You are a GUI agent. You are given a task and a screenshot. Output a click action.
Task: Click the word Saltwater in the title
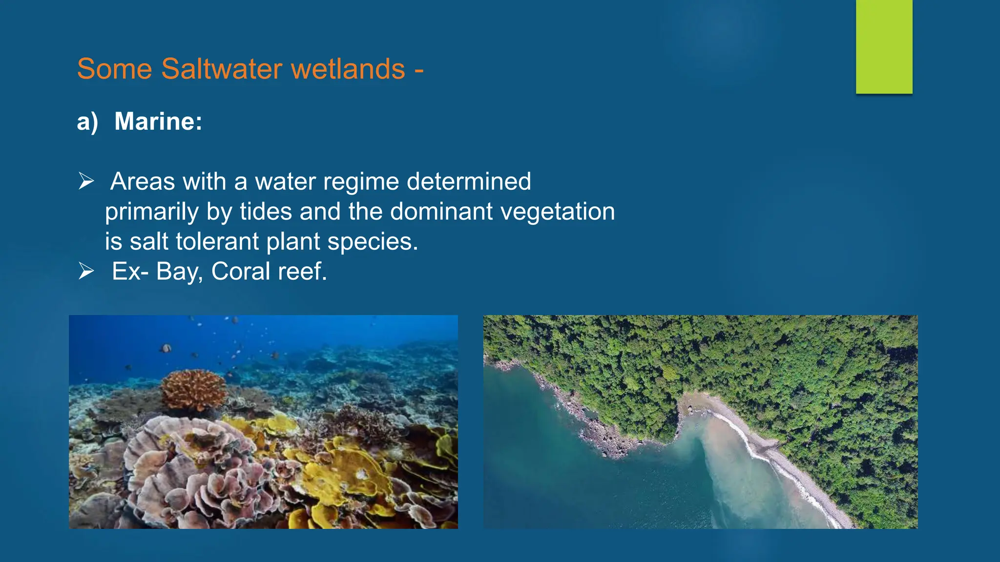222,69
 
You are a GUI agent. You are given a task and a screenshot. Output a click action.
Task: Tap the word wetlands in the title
348,69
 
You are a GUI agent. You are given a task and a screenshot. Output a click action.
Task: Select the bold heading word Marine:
158,121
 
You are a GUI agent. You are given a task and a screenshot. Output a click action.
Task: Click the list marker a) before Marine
87,121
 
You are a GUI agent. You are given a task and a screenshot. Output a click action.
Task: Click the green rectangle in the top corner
884,46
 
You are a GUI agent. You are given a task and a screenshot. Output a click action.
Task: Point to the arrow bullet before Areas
86,181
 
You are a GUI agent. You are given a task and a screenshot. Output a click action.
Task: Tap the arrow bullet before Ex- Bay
86,271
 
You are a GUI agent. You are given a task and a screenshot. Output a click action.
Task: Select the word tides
266,212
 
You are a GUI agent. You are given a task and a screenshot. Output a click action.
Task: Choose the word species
372,241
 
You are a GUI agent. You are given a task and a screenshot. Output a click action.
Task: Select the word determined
468,181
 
